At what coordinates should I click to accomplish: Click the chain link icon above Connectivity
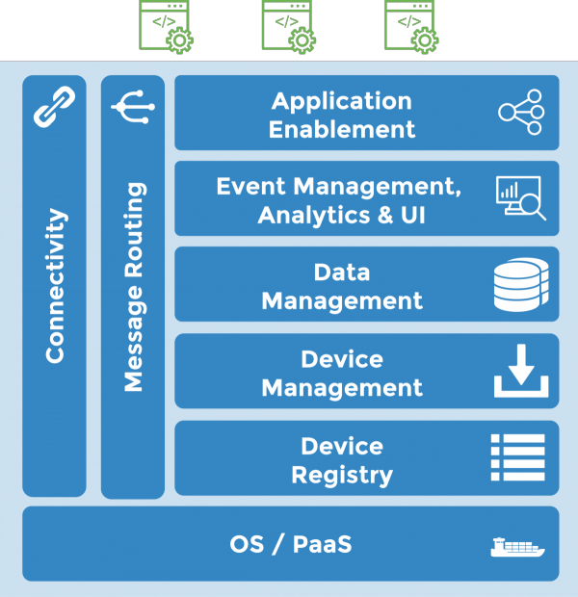[54, 107]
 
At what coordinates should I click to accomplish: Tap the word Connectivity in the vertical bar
[55, 286]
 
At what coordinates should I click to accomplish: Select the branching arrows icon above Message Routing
[132, 107]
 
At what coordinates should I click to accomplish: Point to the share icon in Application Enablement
[521, 113]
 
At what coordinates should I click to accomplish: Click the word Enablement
[342, 129]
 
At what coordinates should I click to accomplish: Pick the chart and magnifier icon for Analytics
[521, 198]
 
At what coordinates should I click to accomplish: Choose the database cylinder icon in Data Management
[521, 284]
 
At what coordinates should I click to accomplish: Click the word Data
[342, 273]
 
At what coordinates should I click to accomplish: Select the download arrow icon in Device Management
[521, 372]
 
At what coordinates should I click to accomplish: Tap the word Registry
[342, 475]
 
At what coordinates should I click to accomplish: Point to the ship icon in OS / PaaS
[517, 546]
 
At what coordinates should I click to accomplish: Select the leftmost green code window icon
[165, 25]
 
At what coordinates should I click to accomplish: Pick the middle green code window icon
[288, 25]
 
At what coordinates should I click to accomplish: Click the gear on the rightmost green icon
[424, 39]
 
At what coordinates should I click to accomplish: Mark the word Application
[342, 101]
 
